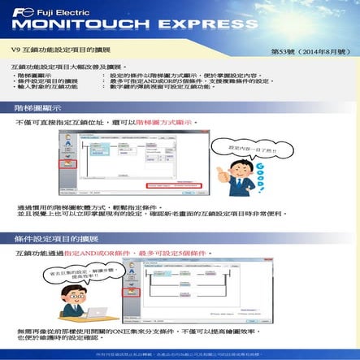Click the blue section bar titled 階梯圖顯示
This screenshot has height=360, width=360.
click(180, 106)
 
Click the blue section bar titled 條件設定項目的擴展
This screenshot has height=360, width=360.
click(180, 239)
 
